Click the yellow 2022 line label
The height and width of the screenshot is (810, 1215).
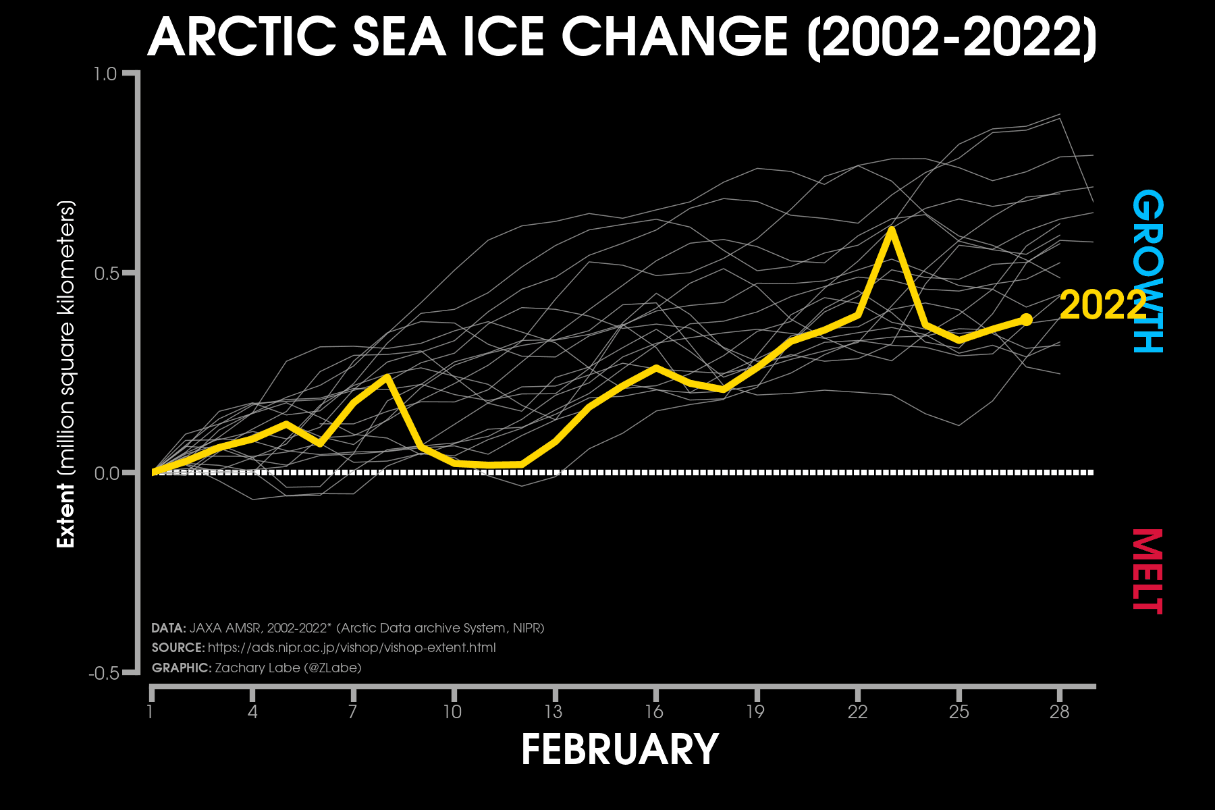pyautogui.click(x=1102, y=305)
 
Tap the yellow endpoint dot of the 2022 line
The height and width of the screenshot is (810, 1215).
pyautogui.click(x=1026, y=319)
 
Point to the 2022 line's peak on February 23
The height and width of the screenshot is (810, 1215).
pyautogui.click(x=892, y=230)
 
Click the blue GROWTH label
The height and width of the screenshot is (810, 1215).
pyautogui.click(x=1147, y=271)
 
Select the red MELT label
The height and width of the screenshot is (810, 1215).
pyautogui.click(x=1147, y=571)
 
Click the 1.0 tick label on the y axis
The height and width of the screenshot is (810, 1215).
pyautogui.click(x=105, y=74)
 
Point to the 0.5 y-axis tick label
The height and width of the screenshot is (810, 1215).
pyautogui.click(x=105, y=273)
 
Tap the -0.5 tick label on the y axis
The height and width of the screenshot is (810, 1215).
pyautogui.click(x=103, y=674)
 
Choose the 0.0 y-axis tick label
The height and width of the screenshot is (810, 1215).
pyautogui.click(x=105, y=473)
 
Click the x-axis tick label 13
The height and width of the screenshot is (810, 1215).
pyautogui.click(x=553, y=712)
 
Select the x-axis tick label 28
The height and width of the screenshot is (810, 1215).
pyautogui.click(x=1059, y=712)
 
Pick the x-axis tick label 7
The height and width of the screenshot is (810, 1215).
pyautogui.click(x=352, y=712)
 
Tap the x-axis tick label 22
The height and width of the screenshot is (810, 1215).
pyautogui.click(x=857, y=712)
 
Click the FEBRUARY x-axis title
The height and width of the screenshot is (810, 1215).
pyautogui.click(x=620, y=749)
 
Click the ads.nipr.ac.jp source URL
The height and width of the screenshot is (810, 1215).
pyautogui.click(x=352, y=648)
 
